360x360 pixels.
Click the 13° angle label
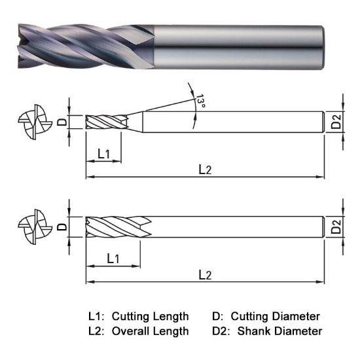[x=200, y=101]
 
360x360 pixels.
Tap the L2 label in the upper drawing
[x=205, y=170]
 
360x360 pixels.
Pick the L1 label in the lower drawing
[x=113, y=259]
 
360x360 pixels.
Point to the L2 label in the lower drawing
[x=205, y=275]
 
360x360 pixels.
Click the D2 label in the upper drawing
[x=336, y=122]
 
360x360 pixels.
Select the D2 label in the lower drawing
[x=336, y=227]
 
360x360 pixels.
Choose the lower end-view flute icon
[x=32, y=227]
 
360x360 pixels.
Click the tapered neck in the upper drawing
[x=135, y=122]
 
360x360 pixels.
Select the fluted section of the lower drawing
[x=118, y=227]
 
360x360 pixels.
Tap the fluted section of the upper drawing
[x=105, y=122]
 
